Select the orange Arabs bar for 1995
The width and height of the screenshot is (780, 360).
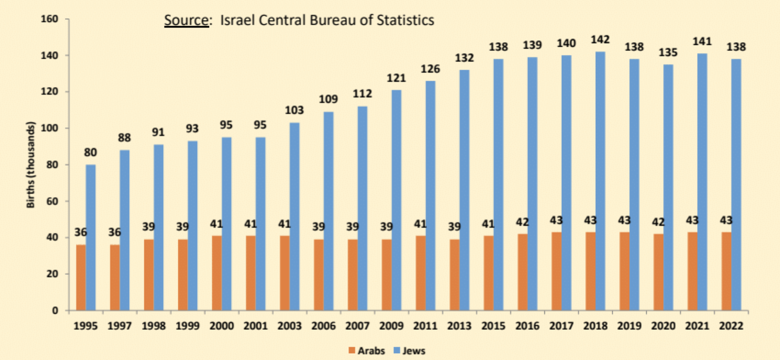pyautogui.click(x=81, y=278)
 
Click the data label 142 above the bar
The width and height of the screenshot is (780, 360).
pyautogui.click(x=600, y=40)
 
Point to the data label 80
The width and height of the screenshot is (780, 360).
pyautogui.click(x=90, y=153)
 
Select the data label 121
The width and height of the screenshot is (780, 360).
pyautogui.click(x=396, y=78)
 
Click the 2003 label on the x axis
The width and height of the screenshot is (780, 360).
pyautogui.click(x=289, y=326)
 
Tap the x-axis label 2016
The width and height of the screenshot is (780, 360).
pyautogui.click(x=527, y=326)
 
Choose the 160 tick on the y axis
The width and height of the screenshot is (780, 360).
pyautogui.click(x=49, y=19)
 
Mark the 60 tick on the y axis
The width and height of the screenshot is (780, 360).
pyautogui.click(x=52, y=201)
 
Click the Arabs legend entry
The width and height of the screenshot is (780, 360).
pyautogui.click(x=366, y=351)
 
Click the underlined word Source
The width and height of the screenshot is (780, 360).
pyautogui.click(x=186, y=21)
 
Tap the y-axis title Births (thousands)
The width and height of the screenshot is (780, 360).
pyautogui.click(x=31, y=165)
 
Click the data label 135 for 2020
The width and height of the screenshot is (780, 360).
pyautogui.click(x=668, y=53)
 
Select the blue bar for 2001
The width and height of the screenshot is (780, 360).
pyautogui.click(x=260, y=224)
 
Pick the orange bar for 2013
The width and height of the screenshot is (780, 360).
pyautogui.click(x=454, y=275)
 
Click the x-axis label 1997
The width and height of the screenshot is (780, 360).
pyautogui.click(x=120, y=326)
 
